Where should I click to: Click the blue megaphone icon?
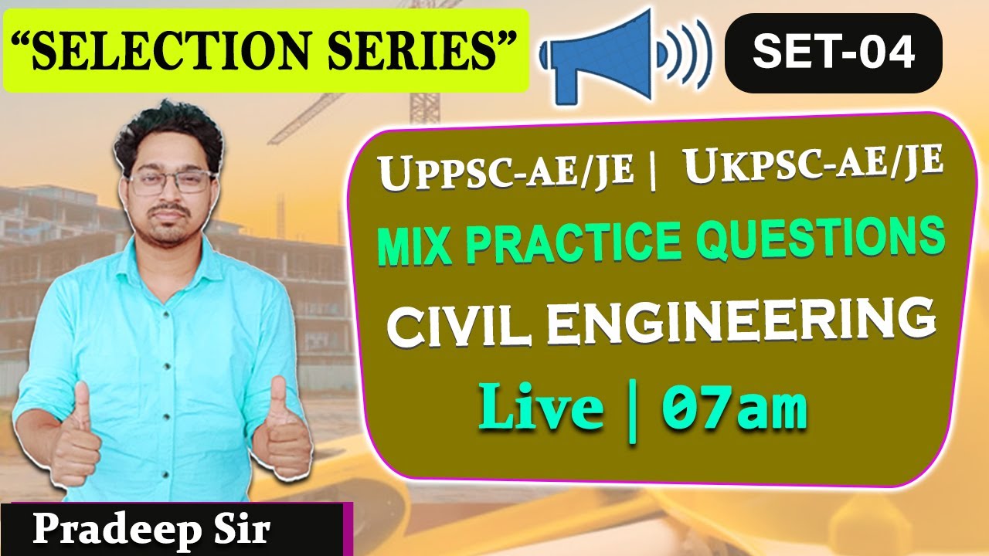pyautogui.click(x=610, y=55)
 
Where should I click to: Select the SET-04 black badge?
pyautogui.click(x=833, y=53)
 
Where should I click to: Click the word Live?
pyautogui.click(x=541, y=409)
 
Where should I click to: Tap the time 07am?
pyautogui.click(x=734, y=410)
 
